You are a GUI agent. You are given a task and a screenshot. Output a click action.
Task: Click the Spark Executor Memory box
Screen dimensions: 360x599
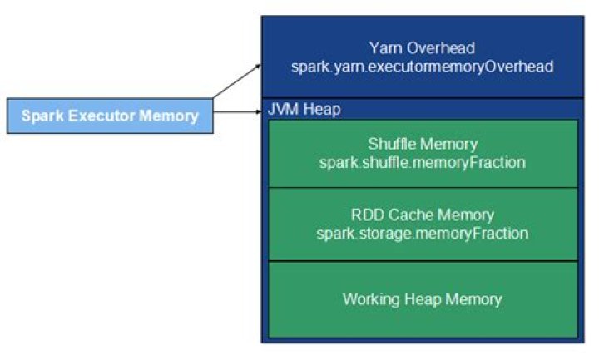point(110,116)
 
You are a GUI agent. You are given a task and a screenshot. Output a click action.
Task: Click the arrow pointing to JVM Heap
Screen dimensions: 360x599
point(237,111)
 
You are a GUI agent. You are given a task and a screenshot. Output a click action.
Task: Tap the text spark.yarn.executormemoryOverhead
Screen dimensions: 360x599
point(422,66)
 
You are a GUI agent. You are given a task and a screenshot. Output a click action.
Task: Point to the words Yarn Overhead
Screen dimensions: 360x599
point(422,48)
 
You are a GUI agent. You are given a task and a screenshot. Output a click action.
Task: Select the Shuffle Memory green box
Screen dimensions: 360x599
point(422,153)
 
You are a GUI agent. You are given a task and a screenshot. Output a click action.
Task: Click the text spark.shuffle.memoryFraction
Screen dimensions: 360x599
point(422,162)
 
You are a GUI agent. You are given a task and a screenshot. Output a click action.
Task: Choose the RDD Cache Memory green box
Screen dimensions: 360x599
point(422,224)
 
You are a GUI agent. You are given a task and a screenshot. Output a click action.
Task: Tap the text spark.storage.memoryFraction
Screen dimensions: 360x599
point(422,234)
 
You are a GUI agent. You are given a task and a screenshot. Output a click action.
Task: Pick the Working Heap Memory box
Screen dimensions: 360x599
point(422,298)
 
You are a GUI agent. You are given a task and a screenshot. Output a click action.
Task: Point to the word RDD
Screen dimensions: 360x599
point(364,216)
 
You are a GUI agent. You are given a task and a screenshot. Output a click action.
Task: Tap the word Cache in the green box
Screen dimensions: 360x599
point(405,216)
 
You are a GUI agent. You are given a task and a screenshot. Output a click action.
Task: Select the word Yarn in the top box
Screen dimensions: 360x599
point(384,48)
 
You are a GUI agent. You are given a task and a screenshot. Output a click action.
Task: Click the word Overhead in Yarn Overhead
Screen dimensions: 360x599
point(438,48)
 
